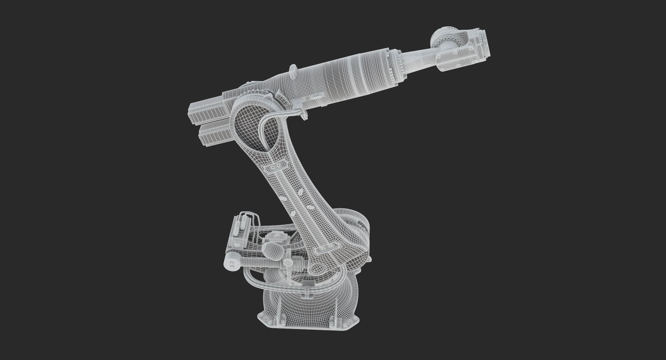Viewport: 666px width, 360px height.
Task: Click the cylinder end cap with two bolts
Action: pyautogui.click(x=232, y=264)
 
